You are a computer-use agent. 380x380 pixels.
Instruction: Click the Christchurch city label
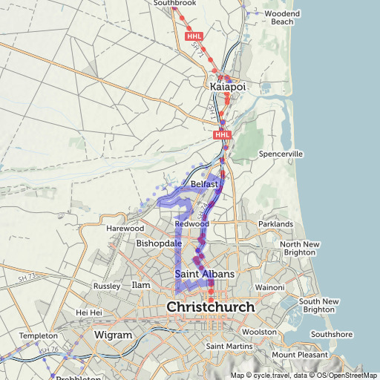(210, 307)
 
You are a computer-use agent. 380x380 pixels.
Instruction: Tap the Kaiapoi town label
(228, 88)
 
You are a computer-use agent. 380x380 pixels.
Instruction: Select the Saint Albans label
(205, 275)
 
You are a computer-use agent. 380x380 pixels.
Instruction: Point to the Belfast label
(204, 183)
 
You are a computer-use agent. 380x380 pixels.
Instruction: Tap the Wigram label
(113, 335)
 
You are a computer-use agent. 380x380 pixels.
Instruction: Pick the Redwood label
(192, 223)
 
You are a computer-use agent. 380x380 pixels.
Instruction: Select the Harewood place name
(125, 229)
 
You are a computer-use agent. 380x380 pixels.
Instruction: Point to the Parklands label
(275, 223)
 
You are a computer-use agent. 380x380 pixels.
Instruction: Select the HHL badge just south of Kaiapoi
(222, 135)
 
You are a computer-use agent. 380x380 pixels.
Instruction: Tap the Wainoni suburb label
(269, 287)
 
